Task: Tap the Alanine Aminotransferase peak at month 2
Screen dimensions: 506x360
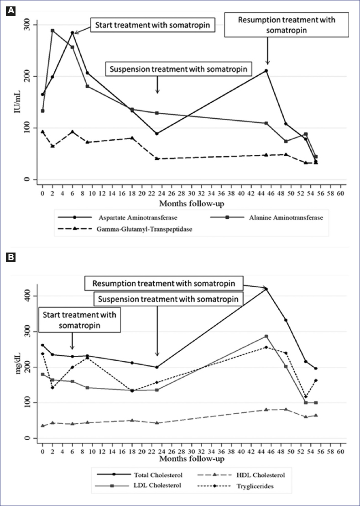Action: pyautogui.click(x=52, y=31)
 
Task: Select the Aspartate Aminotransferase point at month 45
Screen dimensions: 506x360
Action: pyautogui.click(x=266, y=71)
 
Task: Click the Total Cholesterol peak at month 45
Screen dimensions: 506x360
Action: pyautogui.click(x=266, y=289)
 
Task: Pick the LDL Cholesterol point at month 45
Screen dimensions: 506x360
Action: pyautogui.click(x=266, y=337)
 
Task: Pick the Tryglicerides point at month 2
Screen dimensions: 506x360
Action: pyautogui.click(x=52, y=388)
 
